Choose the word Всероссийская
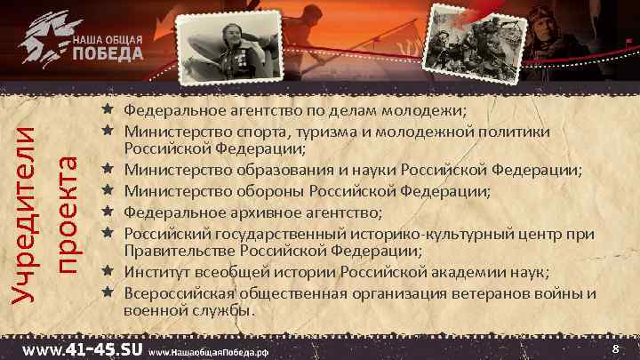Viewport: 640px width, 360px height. click(x=180, y=292)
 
